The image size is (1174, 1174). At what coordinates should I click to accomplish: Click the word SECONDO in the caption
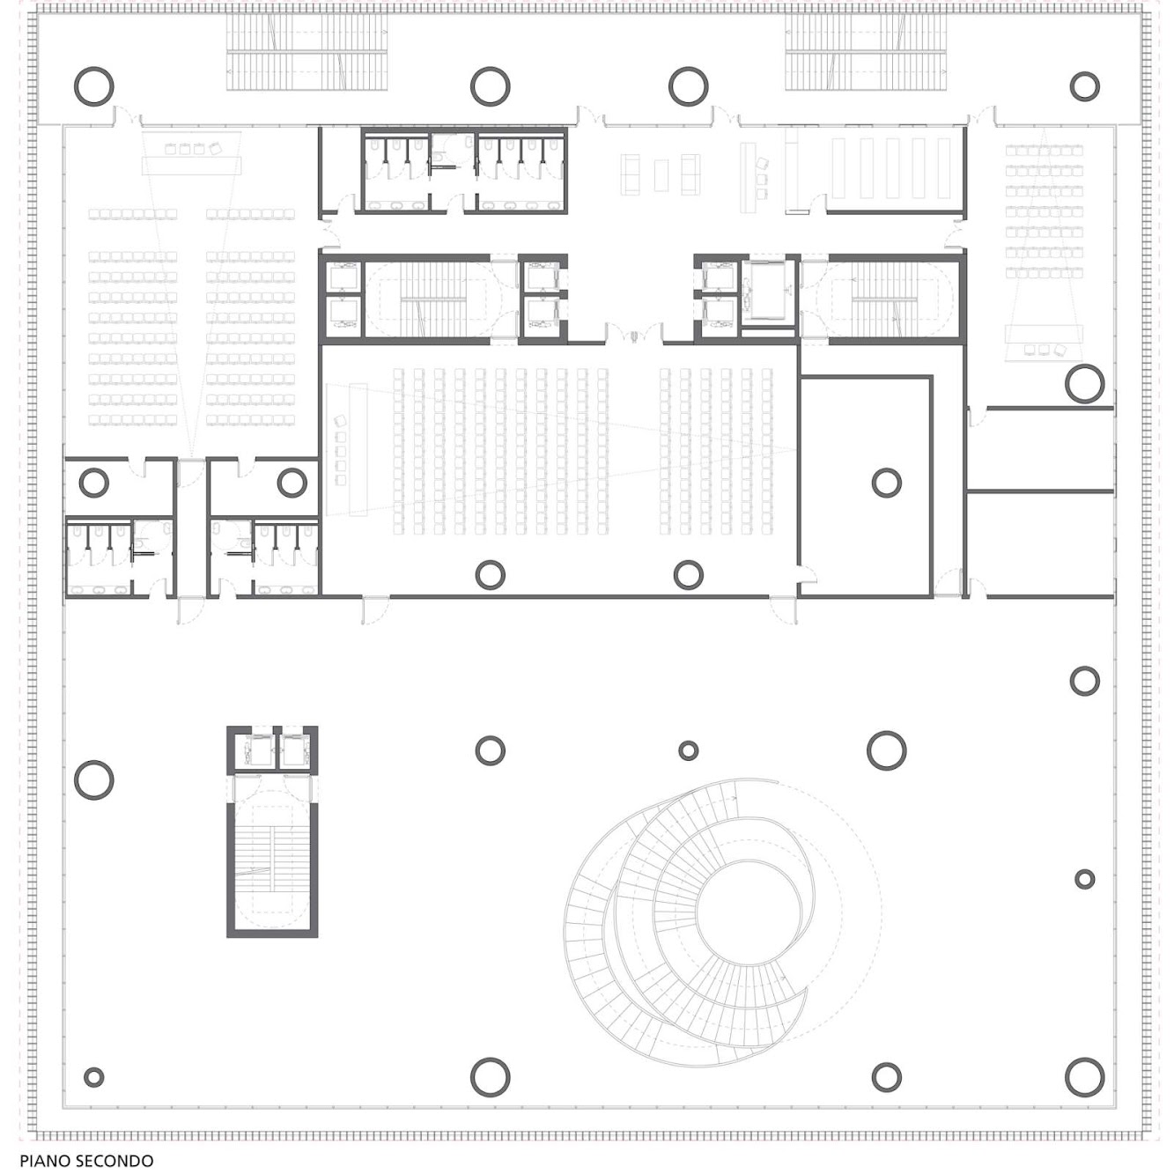114,1161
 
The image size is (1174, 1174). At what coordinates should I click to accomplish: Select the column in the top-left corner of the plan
94,86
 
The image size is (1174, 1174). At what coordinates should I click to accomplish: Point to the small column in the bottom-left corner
93,1077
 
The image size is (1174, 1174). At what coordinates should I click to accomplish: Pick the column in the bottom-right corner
1084,1077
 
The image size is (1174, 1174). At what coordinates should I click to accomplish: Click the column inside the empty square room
886,483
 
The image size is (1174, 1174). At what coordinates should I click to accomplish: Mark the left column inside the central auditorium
491,574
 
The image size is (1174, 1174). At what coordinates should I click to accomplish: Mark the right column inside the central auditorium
689,574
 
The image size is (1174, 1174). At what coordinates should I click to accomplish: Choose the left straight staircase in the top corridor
307,53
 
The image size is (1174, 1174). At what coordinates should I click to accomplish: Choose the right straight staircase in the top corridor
866,53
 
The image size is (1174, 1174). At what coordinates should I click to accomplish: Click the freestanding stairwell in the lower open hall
272,831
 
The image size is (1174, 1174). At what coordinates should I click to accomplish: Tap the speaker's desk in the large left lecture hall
192,165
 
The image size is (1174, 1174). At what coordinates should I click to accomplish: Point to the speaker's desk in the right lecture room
1045,334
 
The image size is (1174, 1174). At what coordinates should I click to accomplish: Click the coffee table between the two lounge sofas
661,175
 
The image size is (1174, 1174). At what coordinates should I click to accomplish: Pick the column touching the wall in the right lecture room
1084,384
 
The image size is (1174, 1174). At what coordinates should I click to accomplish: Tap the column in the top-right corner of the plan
1084,86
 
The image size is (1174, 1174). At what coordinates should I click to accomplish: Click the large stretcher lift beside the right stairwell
768,290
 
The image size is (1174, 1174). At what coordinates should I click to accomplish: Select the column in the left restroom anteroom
93,483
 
